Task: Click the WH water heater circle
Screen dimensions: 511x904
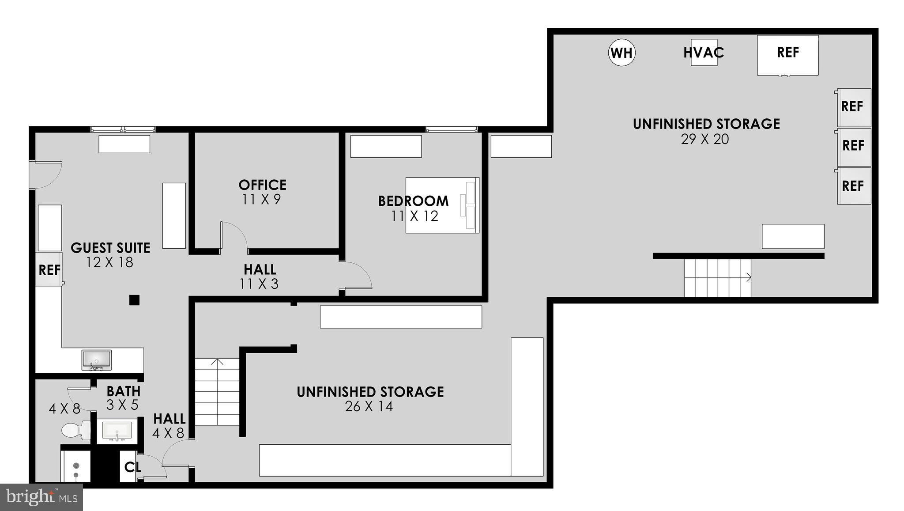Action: pyautogui.click(x=621, y=53)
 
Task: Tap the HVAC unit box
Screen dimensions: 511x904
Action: pyautogui.click(x=704, y=53)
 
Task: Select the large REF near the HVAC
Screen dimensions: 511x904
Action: pyautogui.click(x=787, y=55)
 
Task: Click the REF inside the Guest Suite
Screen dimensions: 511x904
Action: pyautogui.click(x=49, y=270)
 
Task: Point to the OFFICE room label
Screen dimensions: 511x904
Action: pyautogui.click(x=262, y=185)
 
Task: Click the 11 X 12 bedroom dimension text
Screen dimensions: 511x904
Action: pyautogui.click(x=414, y=216)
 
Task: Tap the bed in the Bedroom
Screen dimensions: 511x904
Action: pyautogui.click(x=442, y=205)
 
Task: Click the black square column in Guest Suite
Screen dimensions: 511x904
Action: pyautogui.click(x=134, y=300)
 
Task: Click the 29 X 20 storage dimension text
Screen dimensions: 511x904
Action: pyautogui.click(x=704, y=139)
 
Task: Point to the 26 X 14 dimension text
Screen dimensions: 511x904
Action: pyautogui.click(x=369, y=406)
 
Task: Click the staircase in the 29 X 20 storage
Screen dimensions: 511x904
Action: pyautogui.click(x=717, y=278)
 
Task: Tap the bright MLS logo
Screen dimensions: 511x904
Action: pyautogui.click(x=41, y=497)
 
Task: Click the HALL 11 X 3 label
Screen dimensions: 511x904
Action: pyautogui.click(x=260, y=276)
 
